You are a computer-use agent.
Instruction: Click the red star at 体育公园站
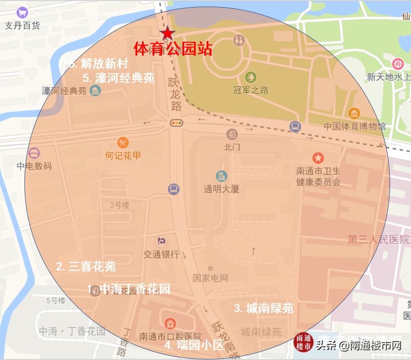pos(167,33)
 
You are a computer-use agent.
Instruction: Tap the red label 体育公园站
pos(172,49)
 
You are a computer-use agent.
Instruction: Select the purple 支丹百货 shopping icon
pos(22,12)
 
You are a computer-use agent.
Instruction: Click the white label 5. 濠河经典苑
pos(118,78)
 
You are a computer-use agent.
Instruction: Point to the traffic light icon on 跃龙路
pos(176,122)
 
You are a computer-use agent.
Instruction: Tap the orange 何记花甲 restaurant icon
pos(123,143)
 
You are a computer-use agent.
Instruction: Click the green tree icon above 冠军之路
pos(250,77)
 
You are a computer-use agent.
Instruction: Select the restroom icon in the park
pos(239,39)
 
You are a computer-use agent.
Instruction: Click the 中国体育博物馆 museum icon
pos(354,113)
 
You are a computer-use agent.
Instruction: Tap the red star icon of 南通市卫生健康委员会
pos(318,158)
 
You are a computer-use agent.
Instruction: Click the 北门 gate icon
pos(232,134)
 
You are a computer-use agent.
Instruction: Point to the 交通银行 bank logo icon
pos(162,241)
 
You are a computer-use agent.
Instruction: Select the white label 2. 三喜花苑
pos(85,267)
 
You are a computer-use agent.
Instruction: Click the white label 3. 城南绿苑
pos(263,308)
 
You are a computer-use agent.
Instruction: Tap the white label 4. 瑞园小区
pos(194,345)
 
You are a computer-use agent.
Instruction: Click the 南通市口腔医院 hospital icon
pos(170,323)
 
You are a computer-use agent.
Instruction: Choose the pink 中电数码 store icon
pos(34,153)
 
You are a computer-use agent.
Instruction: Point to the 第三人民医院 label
pos(378,240)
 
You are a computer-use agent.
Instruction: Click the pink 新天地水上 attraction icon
pos(398,64)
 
